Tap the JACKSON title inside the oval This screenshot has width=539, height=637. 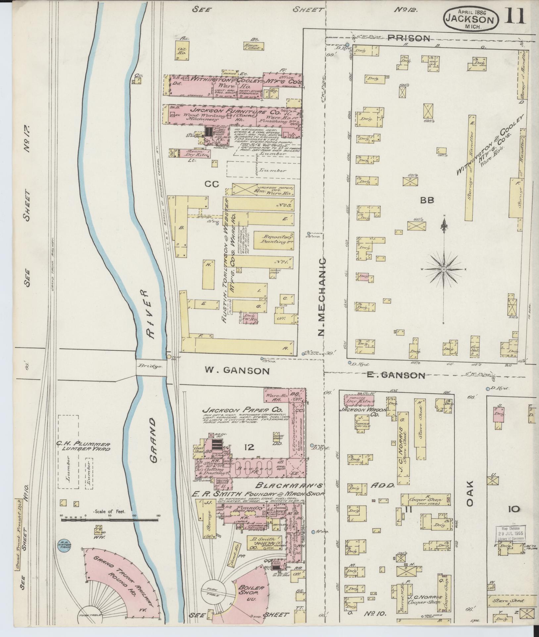[x=470, y=19]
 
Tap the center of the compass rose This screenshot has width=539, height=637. [x=443, y=270]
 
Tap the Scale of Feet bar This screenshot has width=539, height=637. [x=110, y=520]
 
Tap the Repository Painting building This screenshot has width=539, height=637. [x=273, y=239]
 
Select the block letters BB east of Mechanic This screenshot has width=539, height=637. [x=427, y=200]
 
